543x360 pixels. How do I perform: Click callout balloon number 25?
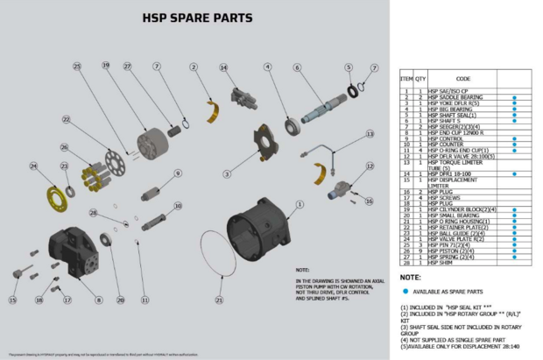[x=77, y=67]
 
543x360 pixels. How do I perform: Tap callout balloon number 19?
[x=105, y=66]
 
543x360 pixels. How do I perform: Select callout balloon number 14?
[x=223, y=67]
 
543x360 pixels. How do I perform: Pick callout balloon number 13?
[x=370, y=134]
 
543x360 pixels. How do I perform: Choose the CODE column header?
[x=463, y=79]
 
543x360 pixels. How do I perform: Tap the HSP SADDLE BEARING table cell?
[x=461, y=96]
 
